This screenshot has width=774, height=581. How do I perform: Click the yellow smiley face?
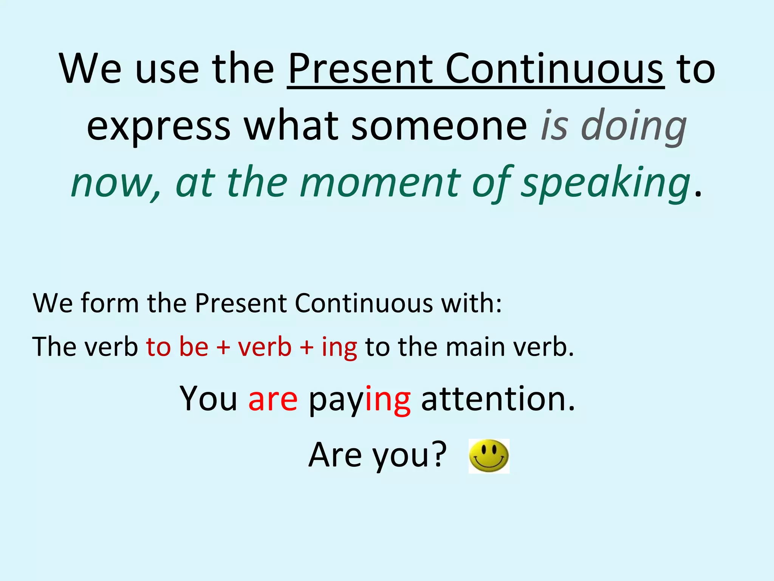pyautogui.click(x=489, y=456)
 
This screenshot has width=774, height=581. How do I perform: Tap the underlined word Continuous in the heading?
pyautogui.click(x=554, y=69)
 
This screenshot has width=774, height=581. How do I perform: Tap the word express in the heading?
pyautogui.click(x=158, y=127)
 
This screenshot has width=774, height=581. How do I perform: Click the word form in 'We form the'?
pyautogui.click(x=110, y=303)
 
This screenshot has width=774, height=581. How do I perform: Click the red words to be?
pyautogui.click(x=177, y=346)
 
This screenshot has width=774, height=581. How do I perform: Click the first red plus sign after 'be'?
pyautogui.click(x=223, y=347)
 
